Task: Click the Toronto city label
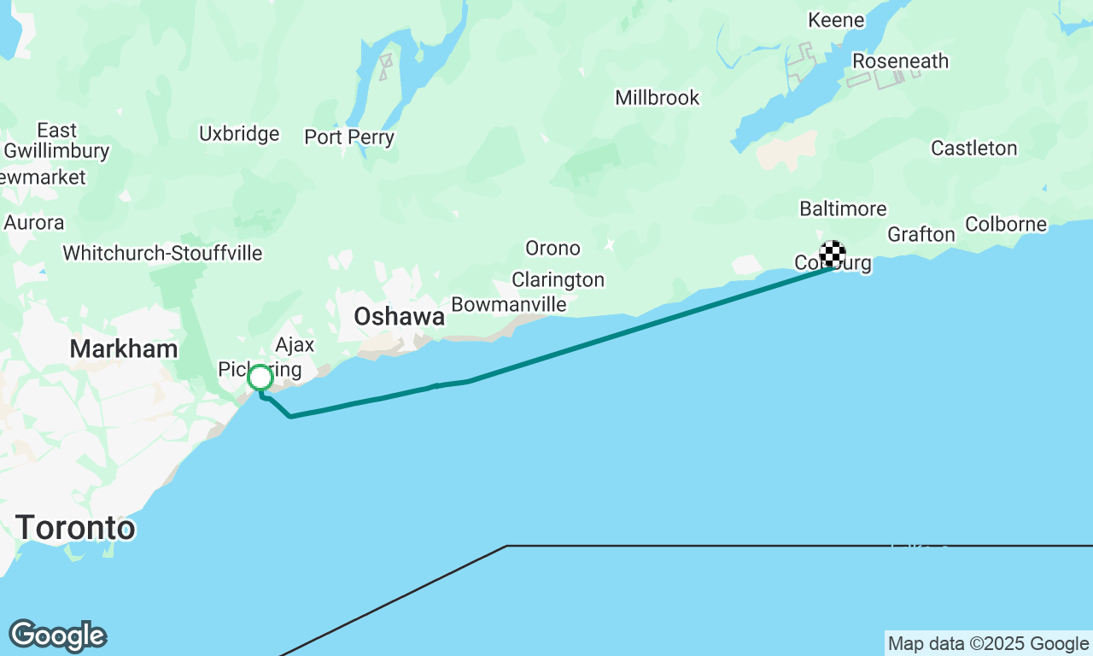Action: point(75,528)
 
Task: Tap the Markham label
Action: point(124,348)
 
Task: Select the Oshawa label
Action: point(400,317)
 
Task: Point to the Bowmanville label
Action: point(509,304)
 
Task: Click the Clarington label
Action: point(558,279)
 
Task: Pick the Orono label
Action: point(552,249)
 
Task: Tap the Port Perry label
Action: point(349,138)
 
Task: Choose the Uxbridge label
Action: point(239,134)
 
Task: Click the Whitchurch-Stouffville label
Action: point(162,254)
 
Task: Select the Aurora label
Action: point(34,223)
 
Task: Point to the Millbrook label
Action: point(658,98)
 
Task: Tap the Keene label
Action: point(836,20)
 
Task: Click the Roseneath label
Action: point(900,61)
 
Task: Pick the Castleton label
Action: point(973,149)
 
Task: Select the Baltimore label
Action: point(843,209)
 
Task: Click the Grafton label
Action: point(921,235)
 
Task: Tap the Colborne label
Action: point(1006,225)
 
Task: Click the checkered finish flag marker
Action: point(833,254)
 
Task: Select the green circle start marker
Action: point(260,377)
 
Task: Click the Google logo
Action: point(57,636)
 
